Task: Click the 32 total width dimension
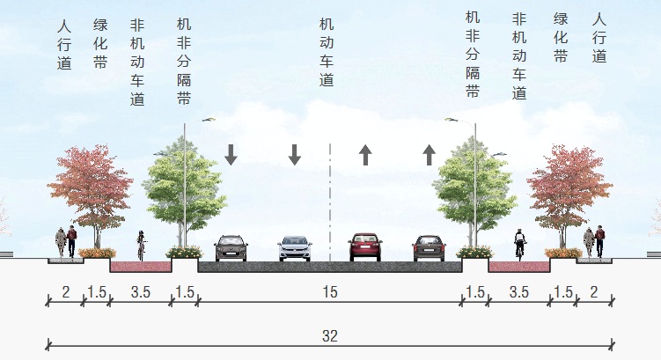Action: [x=330, y=336]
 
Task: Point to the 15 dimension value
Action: [x=330, y=292]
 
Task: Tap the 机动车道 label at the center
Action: [x=327, y=54]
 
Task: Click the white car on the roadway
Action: [x=295, y=248]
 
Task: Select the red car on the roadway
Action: [x=364, y=247]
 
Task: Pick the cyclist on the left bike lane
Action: [x=140, y=246]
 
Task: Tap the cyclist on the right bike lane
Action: [x=519, y=246]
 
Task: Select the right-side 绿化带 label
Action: [x=561, y=39]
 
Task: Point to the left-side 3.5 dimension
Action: [x=140, y=292]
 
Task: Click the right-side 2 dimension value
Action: [x=596, y=292]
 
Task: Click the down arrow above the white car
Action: [x=295, y=155]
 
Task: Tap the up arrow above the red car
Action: [x=365, y=155]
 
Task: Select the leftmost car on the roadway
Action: [x=231, y=247]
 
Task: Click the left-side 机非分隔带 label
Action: [x=184, y=62]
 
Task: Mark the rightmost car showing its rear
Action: [x=429, y=247]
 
